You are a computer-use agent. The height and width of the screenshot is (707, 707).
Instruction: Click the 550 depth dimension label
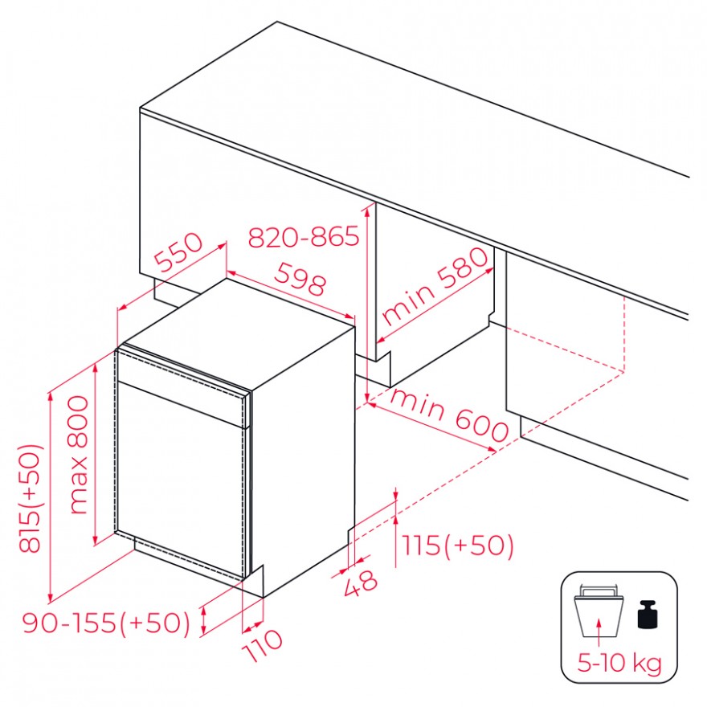178,251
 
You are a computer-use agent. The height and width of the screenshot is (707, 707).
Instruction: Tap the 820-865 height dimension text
304,236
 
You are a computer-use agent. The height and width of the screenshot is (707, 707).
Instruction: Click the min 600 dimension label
449,415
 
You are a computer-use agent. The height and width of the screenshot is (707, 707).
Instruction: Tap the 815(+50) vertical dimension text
31,498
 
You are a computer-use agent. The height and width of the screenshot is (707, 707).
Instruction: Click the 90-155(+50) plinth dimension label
106,623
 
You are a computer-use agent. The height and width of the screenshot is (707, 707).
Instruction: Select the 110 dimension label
263,645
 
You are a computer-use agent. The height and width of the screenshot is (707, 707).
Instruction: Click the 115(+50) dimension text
457,546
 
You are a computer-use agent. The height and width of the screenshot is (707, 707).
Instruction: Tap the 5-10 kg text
619,664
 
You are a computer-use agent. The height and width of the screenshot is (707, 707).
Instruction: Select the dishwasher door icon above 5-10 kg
599,611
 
